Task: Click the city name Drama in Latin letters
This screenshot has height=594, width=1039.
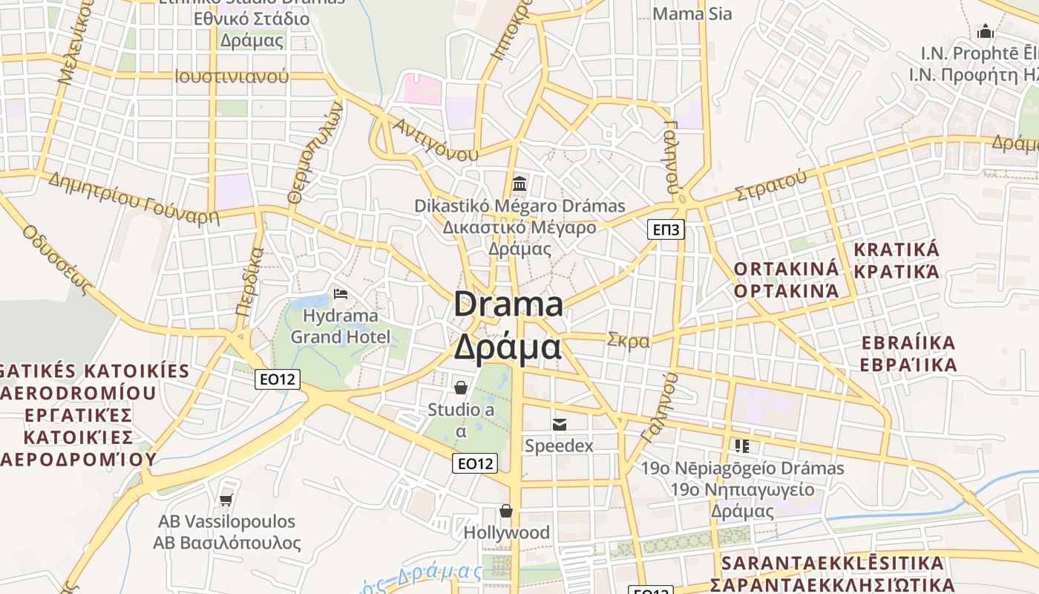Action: coord(508,304)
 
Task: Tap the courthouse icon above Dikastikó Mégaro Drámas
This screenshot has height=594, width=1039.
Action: coord(519,183)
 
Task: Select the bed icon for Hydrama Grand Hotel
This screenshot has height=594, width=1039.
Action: coord(341,295)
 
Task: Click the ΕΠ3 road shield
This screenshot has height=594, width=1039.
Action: coord(666,229)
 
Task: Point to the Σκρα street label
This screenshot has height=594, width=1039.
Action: coord(628,341)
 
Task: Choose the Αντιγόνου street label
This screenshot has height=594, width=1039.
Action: coord(436,140)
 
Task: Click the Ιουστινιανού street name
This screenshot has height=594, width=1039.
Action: coord(232,76)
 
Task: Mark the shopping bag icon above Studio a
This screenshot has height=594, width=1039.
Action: coord(461,388)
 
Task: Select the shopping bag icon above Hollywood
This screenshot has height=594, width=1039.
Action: coord(506,511)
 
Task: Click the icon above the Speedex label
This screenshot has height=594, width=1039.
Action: coord(560,424)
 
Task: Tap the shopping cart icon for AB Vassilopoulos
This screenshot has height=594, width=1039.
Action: coord(226,500)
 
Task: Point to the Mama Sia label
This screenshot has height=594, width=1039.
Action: coord(692,13)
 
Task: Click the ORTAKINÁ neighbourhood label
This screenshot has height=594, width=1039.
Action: coord(786,269)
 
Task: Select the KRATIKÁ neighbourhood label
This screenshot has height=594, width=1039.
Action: coord(897,249)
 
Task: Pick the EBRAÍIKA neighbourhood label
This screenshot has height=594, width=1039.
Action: coord(908,343)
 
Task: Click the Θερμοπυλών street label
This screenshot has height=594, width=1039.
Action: coord(315,152)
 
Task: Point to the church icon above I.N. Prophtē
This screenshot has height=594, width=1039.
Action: coord(986,31)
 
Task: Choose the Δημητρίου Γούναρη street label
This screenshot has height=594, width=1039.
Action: coord(134,198)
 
